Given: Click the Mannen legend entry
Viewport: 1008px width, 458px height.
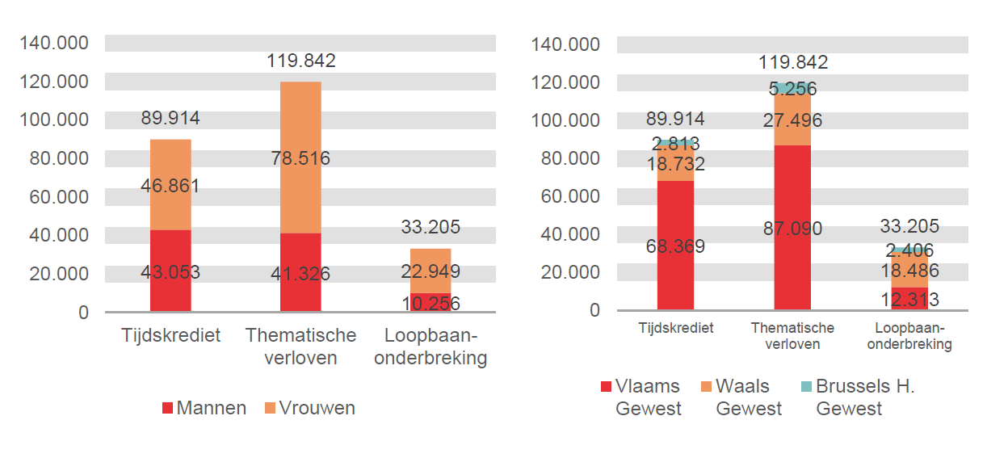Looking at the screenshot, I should pos(204,408).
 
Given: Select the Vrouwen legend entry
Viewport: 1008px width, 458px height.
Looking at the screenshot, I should pos(309,408).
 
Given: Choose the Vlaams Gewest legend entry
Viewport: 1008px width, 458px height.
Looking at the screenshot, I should pos(641,397).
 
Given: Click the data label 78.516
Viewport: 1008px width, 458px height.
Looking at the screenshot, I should pos(300,158).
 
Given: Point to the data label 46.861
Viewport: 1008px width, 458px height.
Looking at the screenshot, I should pos(170,186).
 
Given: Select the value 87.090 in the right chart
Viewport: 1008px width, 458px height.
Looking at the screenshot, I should pos(792,229).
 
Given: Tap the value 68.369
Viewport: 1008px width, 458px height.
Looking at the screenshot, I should pos(675,246).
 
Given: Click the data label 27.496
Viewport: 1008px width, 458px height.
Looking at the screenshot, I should pos(792,120).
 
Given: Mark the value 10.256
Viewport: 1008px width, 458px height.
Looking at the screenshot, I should pos(430,303).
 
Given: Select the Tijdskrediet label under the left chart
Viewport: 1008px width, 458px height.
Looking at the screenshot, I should pos(170,335).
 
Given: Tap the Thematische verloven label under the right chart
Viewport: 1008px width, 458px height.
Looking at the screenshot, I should pos(792,336).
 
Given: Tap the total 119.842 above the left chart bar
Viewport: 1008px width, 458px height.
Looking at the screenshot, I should pos(300,61).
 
